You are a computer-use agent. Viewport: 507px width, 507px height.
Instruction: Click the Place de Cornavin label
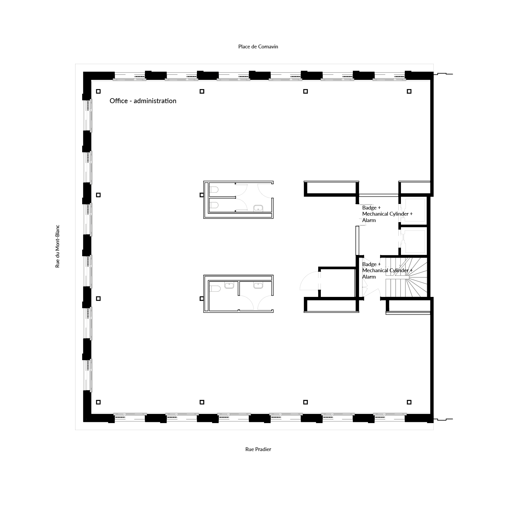coord(258,47)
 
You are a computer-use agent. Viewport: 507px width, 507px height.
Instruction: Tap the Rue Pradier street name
coord(258,449)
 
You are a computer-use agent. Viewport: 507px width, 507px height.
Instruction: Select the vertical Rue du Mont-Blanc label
coord(57,246)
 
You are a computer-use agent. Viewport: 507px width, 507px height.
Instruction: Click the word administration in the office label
coord(155,101)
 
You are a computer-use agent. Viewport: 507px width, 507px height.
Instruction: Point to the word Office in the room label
coord(119,101)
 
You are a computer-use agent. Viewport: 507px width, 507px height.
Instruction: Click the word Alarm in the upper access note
coord(369,220)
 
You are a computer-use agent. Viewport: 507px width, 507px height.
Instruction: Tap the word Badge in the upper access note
coord(369,208)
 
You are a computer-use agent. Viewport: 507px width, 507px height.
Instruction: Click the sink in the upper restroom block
coord(258,208)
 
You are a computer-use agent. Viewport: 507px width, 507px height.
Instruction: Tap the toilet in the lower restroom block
coord(214,289)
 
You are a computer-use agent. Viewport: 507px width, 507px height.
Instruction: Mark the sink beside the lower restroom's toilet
coord(229,285)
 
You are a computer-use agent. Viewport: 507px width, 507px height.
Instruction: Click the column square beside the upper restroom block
coord(202,195)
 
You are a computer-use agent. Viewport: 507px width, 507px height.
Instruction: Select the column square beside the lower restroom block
coord(202,299)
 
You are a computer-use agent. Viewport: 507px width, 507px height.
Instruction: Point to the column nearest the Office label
coord(98,91)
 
